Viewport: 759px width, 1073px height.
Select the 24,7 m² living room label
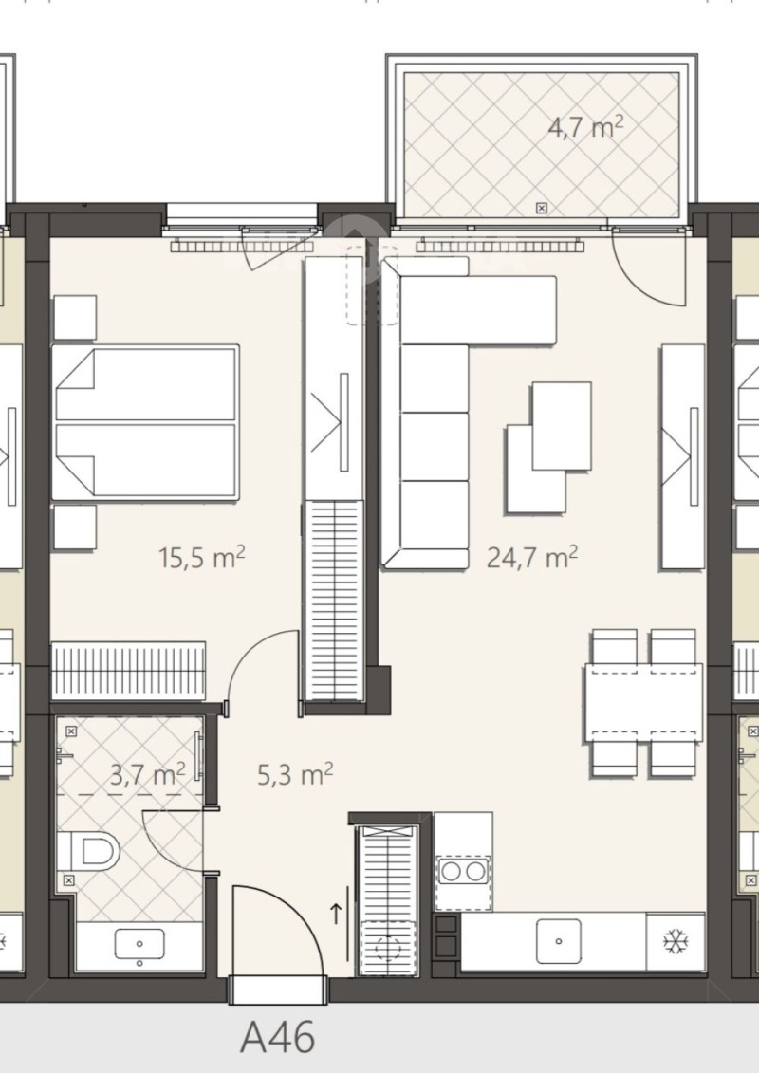coord(532,556)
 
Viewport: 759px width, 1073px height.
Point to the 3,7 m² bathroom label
coord(146,775)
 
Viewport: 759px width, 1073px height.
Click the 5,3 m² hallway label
coord(294,775)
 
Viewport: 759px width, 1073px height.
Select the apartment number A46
coord(277,1037)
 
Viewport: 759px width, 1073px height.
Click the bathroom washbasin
coord(139,944)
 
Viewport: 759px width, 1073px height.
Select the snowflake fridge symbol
coord(675,942)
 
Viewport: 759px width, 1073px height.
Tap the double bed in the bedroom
coord(145,422)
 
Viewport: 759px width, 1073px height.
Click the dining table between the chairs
coord(644,702)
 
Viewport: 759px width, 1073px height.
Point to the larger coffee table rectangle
coord(562,425)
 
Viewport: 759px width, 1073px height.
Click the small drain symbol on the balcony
coord(541,206)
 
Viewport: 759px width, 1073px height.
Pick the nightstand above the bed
coord(74,317)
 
